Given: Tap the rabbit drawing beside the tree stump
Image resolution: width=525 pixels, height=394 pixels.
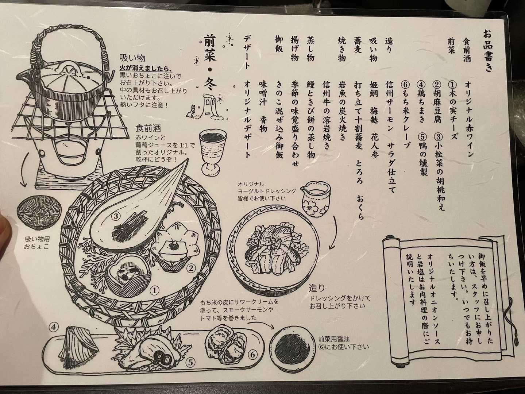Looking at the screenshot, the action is click(191, 111).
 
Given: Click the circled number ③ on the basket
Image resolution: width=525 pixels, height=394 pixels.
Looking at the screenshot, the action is click(116, 216).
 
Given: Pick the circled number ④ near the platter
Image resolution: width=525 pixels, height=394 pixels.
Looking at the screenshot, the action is click(54, 327).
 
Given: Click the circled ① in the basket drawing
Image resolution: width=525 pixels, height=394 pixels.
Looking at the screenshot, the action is click(154, 291).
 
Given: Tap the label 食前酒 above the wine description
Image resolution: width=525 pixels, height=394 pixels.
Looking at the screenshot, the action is click(148, 129).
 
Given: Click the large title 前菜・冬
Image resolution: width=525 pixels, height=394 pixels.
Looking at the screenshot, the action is click(210, 65).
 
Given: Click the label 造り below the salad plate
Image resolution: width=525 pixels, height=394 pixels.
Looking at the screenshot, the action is click(317, 289).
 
